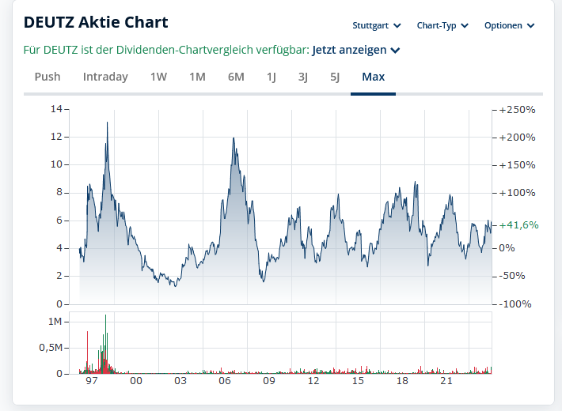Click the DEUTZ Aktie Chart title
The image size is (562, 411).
pos(97,22)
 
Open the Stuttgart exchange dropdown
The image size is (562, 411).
pos(377,25)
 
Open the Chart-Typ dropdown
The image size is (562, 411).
pos(442,25)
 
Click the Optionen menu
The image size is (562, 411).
pos(509,25)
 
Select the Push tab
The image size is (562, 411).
pos(47,77)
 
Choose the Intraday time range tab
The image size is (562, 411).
pos(105,77)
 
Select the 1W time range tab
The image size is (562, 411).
pos(158,77)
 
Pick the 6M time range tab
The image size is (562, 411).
pos(236,77)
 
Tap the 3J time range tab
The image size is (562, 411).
pos(303,77)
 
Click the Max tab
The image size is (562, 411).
pos(373,77)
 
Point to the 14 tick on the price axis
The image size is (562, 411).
pos(55,108)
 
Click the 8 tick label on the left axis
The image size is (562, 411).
pos(59,192)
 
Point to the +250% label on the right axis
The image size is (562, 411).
pos(518,109)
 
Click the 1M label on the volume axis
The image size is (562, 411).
pos(55,322)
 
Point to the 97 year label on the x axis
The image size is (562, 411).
pos(92,381)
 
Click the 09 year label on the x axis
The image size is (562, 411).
pos(269,381)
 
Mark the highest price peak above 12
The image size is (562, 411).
pos(107,123)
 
